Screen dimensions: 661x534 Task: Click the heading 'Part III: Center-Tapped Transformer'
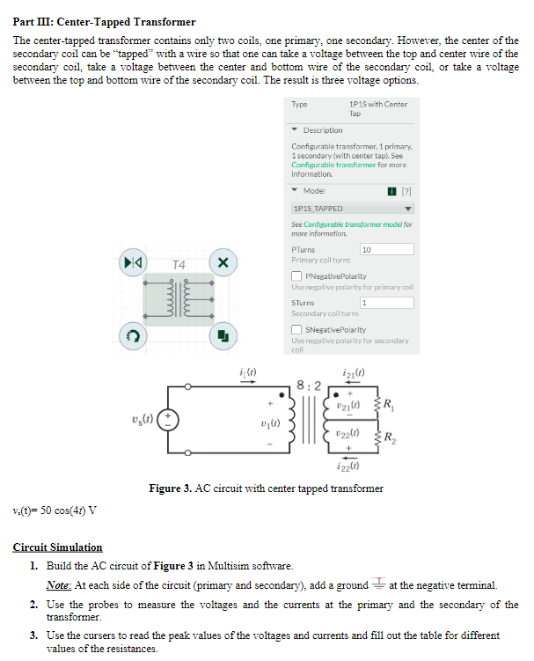(x=105, y=21)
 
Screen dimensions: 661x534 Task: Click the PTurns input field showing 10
(x=386, y=250)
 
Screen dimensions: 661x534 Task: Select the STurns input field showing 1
(x=386, y=303)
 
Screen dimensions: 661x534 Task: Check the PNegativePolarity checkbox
(x=296, y=276)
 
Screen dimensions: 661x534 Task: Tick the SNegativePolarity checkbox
(x=296, y=329)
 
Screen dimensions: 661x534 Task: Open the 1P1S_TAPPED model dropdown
(x=352, y=209)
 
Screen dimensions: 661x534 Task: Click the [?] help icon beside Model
(x=406, y=191)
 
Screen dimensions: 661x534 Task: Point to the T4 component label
(x=179, y=264)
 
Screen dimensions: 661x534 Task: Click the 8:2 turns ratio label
(x=309, y=384)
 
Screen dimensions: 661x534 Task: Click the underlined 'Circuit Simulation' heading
(x=57, y=547)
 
